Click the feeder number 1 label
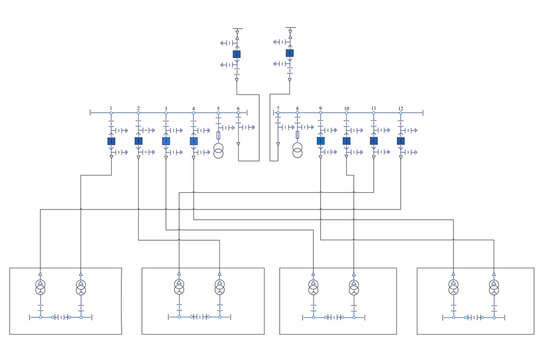[x=110, y=107]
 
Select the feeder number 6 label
[x=238, y=107]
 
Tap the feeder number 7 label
[x=278, y=107]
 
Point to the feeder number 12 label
[x=401, y=107]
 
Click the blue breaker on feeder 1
[x=110, y=141]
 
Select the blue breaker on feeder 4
[x=194, y=141]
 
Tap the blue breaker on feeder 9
[x=321, y=141]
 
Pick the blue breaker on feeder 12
[x=401, y=141]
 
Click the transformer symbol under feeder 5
[x=218, y=151]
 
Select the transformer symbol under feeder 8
[x=297, y=151]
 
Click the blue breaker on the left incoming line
[x=237, y=54]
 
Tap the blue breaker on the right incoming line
[x=290, y=54]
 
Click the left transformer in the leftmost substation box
[x=41, y=288]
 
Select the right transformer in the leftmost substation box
[x=81, y=288]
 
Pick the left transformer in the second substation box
[x=179, y=288]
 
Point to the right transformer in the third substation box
[x=353, y=288]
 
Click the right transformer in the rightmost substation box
[x=493, y=288]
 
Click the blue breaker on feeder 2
[x=138, y=141]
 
